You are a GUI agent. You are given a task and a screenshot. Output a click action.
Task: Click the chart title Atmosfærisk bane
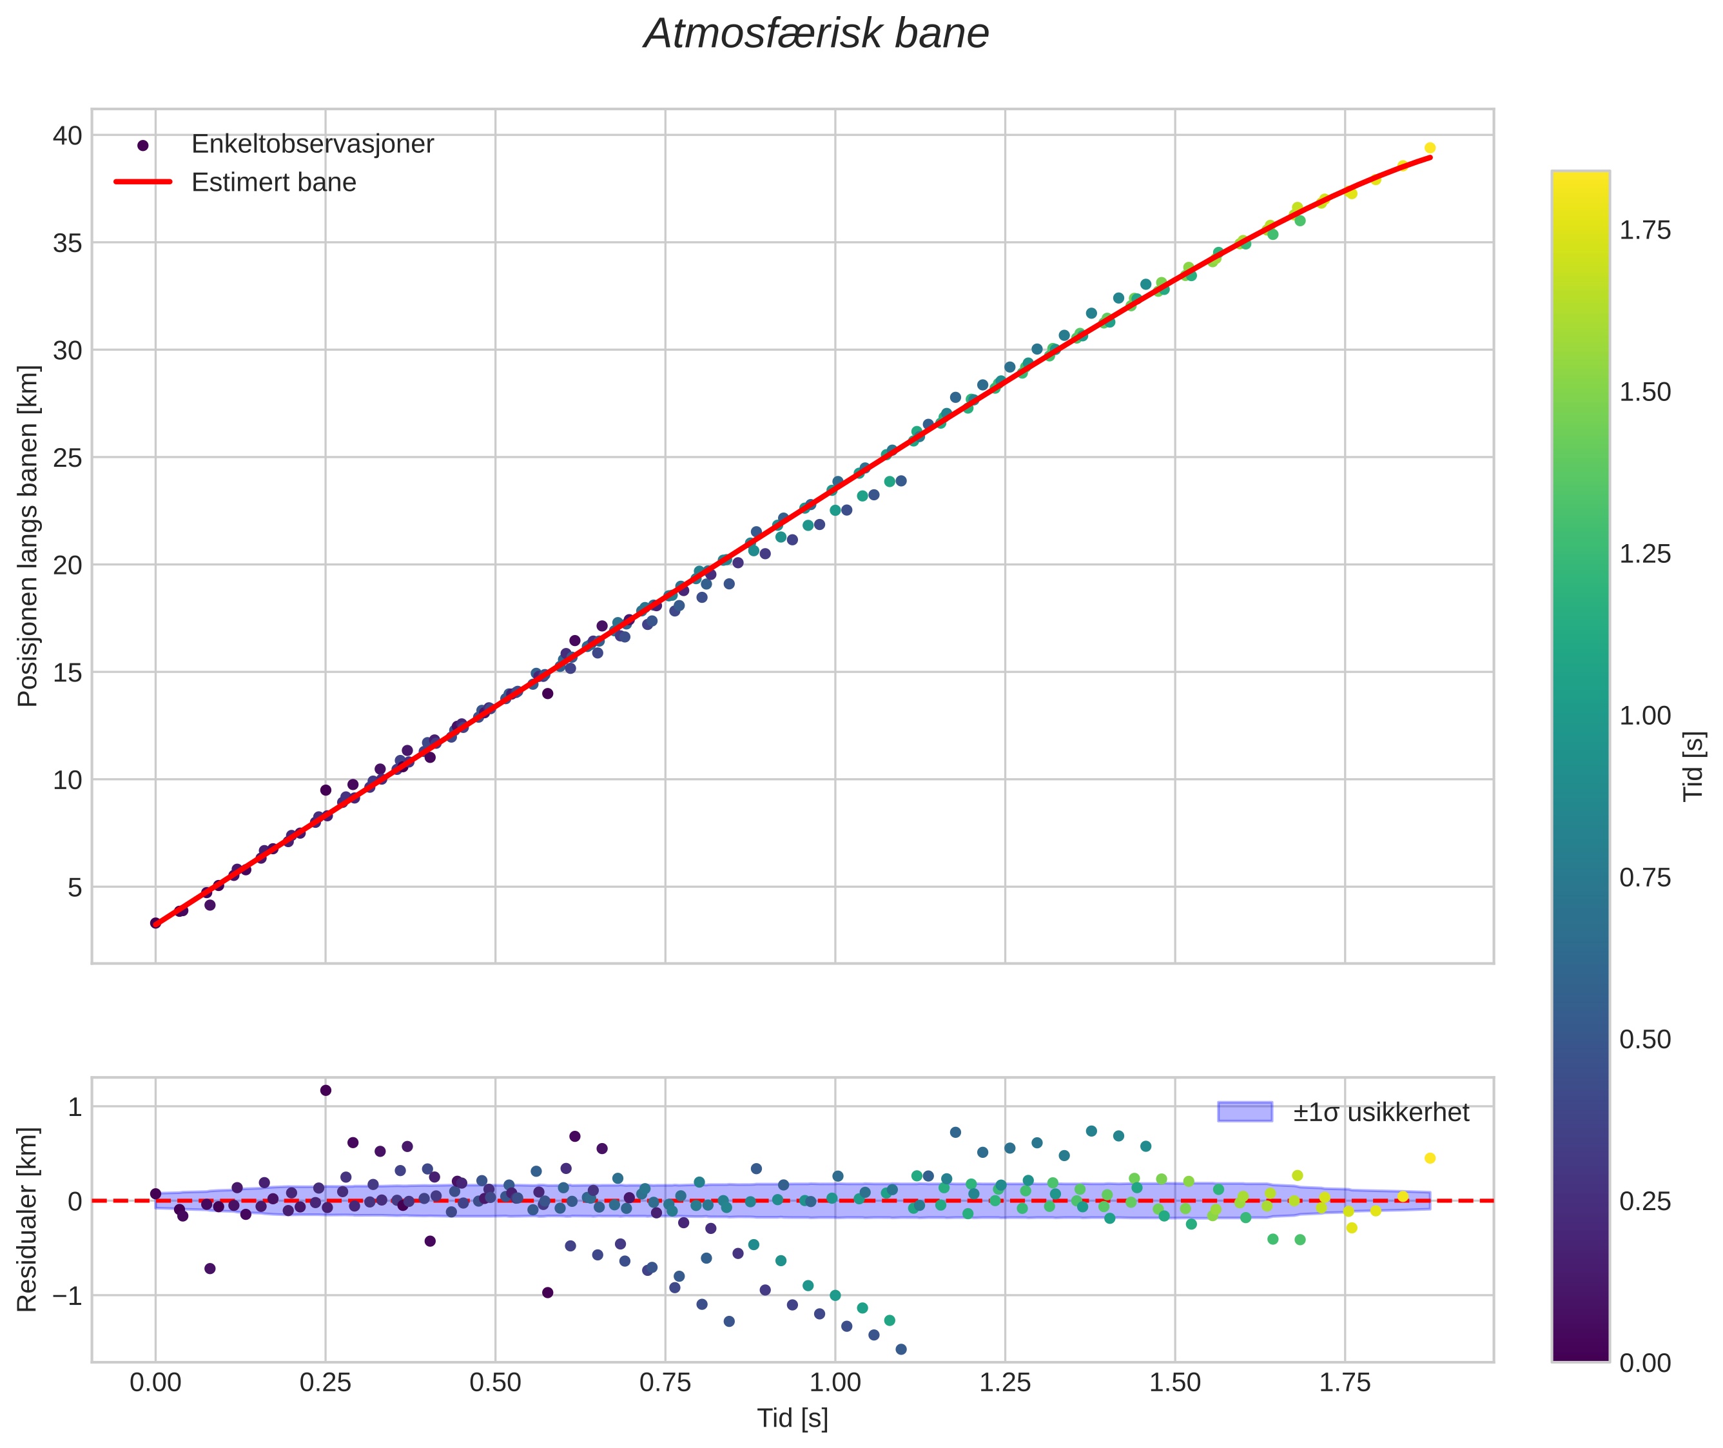[816, 34]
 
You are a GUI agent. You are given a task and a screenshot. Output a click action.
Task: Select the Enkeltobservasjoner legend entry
[312, 144]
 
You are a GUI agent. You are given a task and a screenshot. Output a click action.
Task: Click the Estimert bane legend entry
[273, 182]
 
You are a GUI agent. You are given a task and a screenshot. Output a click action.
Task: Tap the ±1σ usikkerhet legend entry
[1381, 1112]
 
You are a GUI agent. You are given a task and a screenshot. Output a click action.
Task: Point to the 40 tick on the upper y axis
[68, 135]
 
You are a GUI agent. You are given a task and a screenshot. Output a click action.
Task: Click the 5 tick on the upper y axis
[75, 887]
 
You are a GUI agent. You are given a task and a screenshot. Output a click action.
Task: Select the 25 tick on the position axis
[68, 458]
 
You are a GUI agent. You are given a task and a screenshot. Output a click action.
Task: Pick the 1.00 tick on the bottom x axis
[835, 1383]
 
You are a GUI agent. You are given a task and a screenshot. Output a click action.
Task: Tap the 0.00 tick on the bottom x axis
[155, 1383]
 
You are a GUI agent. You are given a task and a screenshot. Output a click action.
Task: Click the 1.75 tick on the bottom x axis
[1345, 1383]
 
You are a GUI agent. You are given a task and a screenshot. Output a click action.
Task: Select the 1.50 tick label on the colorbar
[1644, 393]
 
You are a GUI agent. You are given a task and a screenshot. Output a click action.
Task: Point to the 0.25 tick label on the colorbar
[1644, 1202]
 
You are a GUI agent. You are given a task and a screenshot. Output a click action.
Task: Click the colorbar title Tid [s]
[1693, 766]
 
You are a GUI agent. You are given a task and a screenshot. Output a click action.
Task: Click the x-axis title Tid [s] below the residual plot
[792, 1418]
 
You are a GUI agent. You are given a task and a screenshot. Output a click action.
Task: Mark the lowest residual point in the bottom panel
[900, 1349]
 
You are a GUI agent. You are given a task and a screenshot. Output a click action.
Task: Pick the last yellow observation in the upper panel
[1429, 148]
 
